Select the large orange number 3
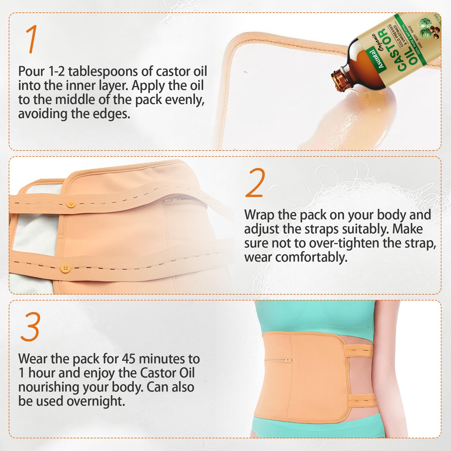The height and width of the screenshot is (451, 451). point(30,327)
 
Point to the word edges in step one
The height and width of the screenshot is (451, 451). point(114,114)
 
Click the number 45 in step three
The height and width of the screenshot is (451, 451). point(129,359)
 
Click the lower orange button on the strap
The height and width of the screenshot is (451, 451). point(65,268)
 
